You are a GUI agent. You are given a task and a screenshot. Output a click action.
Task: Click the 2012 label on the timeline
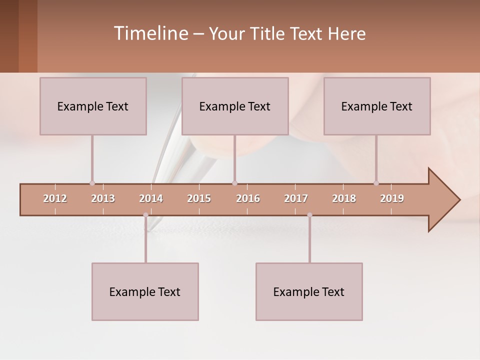point(55,198)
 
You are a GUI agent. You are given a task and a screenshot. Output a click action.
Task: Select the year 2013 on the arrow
point(103,198)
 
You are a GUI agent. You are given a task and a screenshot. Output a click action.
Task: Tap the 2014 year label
point(151,198)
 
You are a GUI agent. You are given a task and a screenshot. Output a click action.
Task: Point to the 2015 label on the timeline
point(199,198)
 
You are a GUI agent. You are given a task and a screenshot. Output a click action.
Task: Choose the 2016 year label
point(248,198)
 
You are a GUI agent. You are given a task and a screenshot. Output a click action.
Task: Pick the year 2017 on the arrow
point(296,198)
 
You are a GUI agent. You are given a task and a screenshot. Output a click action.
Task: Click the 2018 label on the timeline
point(344,198)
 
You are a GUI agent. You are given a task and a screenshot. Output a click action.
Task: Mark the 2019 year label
point(392,198)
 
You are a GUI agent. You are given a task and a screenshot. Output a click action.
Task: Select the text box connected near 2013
point(93,106)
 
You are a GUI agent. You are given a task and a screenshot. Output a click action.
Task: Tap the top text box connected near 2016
point(235,106)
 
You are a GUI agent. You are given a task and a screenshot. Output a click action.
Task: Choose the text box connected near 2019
point(377,106)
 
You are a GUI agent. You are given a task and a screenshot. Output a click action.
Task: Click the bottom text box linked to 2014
point(145,291)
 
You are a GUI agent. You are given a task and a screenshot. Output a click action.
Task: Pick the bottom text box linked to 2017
point(309,291)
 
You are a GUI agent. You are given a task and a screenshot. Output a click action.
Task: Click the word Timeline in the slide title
point(150,33)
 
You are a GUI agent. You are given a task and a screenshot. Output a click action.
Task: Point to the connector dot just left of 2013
point(92,183)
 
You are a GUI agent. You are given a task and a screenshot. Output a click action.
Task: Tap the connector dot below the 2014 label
point(145,215)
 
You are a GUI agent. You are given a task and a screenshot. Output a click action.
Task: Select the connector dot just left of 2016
point(234,183)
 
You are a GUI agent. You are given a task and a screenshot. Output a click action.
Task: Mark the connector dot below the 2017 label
point(309,215)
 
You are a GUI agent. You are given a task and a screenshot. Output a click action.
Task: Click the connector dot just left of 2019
point(376,183)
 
